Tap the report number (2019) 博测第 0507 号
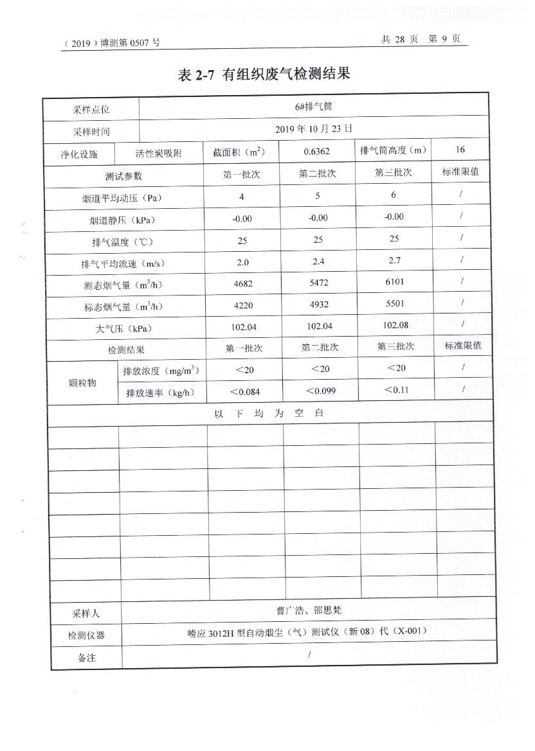[x=112, y=43]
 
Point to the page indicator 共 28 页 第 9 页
[x=421, y=39]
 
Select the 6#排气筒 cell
[x=318, y=107]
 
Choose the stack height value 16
[x=460, y=150]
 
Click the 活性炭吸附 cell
[x=158, y=154]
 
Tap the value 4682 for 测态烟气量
[x=242, y=285]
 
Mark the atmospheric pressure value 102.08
[x=395, y=325]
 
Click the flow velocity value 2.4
[x=318, y=262]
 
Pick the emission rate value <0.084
[x=245, y=391]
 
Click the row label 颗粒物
[x=82, y=382]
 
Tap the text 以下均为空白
[x=269, y=413]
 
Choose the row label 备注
[x=86, y=657]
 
